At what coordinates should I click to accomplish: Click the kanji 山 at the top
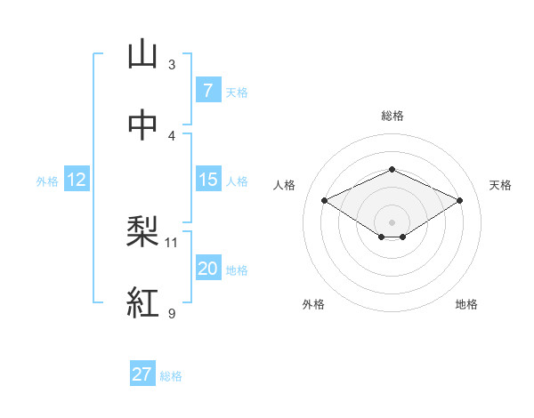point(142,55)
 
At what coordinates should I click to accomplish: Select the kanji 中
point(142,125)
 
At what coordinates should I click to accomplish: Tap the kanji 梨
point(142,232)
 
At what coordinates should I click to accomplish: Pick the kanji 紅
point(142,302)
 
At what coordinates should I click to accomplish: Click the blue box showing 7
point(207,90)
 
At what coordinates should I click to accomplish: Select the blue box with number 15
point(207,180)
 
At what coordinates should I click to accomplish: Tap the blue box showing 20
point(207,269)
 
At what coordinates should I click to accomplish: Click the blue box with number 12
point(77,180)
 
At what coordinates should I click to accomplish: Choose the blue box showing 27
point(142,374)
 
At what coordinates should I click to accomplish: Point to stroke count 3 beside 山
point(172,65)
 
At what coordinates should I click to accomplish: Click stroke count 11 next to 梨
point(172,242)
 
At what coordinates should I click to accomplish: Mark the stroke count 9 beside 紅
point(172,313)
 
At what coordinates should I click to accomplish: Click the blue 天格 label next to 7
point(237,92)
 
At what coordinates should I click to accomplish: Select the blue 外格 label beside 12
point(47,181)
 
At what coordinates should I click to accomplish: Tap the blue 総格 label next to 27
point(171,376)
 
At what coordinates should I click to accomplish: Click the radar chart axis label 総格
point(392,116)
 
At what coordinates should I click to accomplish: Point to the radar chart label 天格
point(500,185)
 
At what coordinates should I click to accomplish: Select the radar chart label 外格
point(313,304)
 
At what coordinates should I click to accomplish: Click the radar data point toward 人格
point(325,200)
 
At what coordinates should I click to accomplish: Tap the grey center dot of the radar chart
point(392,221)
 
